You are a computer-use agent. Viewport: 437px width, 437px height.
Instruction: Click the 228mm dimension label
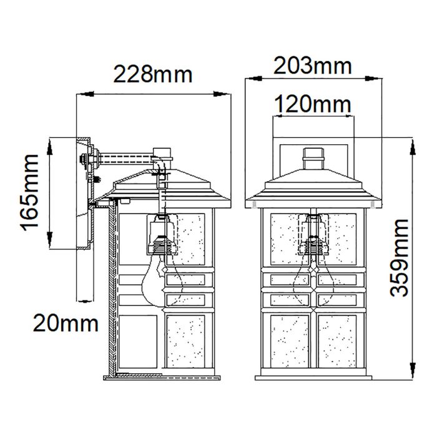click(x=153, y=74)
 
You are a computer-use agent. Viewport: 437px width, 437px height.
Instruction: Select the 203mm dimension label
click(x=313, y=65)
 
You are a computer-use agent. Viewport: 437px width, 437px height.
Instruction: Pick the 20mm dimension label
click(x=66, y=323)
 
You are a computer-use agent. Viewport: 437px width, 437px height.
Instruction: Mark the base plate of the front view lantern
click(x=314, y=376)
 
